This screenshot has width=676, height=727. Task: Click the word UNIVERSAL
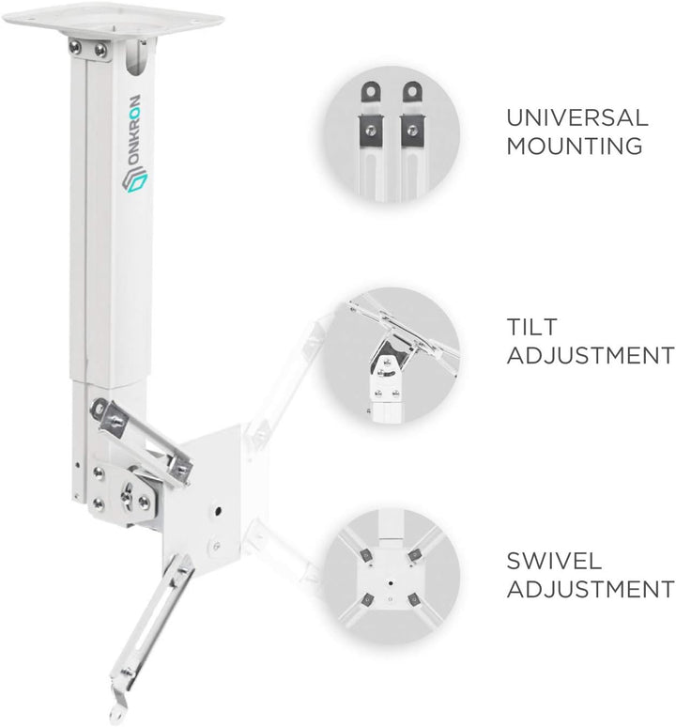[x=576, y=117]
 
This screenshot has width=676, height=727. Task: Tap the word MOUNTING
[x=575, y=146]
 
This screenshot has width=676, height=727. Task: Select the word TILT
[x=531, y=327]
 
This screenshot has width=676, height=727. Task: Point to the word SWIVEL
[x=554, y=561]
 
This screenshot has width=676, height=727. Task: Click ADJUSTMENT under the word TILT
[x=591, y=356]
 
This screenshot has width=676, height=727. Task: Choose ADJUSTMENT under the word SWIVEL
[x=591, y=589]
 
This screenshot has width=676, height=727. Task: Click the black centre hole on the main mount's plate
[x=218, y=511]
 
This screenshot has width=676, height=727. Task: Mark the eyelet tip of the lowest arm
[x=115, y=713]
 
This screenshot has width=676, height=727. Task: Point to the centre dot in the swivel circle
[x=391, y=582]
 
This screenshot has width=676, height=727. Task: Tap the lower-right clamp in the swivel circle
[x=414, y=600]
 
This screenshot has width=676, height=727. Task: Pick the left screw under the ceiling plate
[x=75, y=47]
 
